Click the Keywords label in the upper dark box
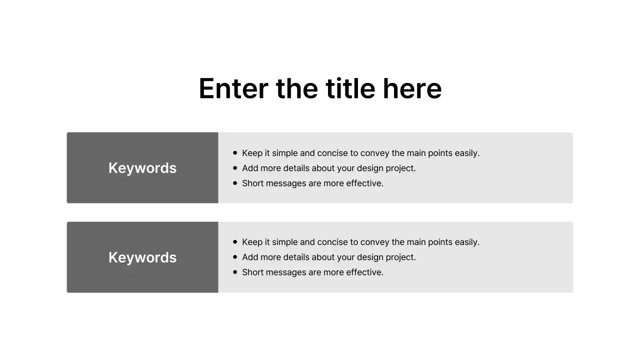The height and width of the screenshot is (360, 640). (x=142, y=168)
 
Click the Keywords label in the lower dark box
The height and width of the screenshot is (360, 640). (x=142, y=257)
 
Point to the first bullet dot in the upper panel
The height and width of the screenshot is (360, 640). (x=235, y=153)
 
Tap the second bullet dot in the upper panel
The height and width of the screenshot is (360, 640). (x=235, y=168)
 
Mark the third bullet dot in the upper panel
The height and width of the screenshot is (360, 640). (x=235, y=183)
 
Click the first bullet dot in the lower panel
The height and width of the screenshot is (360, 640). (x=235, y=242)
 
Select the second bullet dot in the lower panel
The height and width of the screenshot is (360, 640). (x=235, y=257)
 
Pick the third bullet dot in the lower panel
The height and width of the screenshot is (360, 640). (x=235, y=272)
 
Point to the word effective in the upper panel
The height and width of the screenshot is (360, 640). (x=364, y=183)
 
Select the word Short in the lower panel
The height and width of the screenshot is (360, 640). (x=253, y=272)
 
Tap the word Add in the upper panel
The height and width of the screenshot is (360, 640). (x=250, y=168)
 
